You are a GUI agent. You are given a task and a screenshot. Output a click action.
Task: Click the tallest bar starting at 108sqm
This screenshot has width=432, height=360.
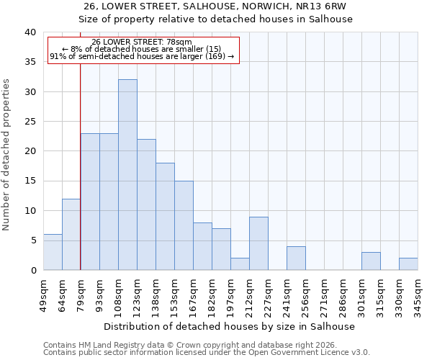[x=127, y=175]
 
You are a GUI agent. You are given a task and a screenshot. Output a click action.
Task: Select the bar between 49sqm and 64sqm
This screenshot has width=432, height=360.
[x=53, y=252]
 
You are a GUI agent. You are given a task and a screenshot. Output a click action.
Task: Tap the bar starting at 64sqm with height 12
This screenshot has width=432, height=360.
[x=71, y=235]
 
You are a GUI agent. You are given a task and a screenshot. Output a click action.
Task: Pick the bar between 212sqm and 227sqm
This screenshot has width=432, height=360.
[x=258, y=243]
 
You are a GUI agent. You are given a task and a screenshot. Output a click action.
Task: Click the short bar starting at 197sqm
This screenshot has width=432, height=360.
[x=240, y=264]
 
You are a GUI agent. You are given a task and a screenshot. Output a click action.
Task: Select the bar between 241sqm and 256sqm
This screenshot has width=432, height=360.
[x=296, y=258]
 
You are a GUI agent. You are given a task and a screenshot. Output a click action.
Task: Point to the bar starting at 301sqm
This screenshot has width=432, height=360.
[x=371, y=261]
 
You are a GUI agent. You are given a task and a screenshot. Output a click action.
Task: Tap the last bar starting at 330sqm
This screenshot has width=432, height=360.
[x=408, y=264]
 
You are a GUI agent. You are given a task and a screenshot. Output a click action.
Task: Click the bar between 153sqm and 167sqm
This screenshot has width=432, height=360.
[x=184, y=225]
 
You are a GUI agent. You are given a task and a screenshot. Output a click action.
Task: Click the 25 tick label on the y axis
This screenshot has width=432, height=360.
[x=30, y=122]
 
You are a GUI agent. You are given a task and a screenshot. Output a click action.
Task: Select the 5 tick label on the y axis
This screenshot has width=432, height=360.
[x=32, y=240]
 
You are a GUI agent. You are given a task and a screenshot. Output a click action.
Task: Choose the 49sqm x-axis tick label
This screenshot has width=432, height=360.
[x=43, y=294]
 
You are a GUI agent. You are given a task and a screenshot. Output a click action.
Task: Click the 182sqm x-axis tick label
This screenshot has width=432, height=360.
[x=212, y=294]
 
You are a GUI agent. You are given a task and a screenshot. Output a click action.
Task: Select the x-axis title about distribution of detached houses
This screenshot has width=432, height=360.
[x=230, y=326]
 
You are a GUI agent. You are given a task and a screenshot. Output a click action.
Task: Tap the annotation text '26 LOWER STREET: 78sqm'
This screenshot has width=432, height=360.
[x=142, y=42]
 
